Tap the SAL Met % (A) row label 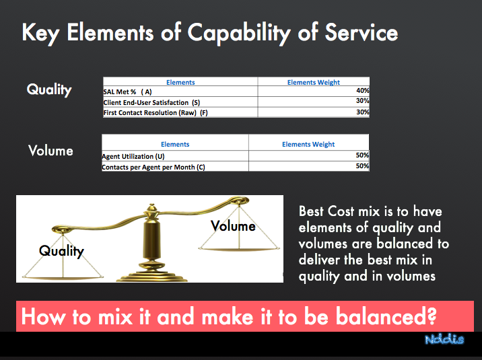click(x=127, y=92)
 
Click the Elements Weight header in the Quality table click(x=314, y=82)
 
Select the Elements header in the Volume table click(x=175, y=145)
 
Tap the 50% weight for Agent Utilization click(x=362, y=155)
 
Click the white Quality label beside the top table click(x=49, y=89)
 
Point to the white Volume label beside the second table click(x=50, y=151)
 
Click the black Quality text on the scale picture click(x=61, y=251)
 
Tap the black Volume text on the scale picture click(x=233, y=226)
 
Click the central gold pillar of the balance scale click(x=151, y=240)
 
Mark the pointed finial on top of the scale click(x=151, y=208)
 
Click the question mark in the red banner click(x=431, y=316)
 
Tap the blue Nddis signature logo click(x=444, y=339)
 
